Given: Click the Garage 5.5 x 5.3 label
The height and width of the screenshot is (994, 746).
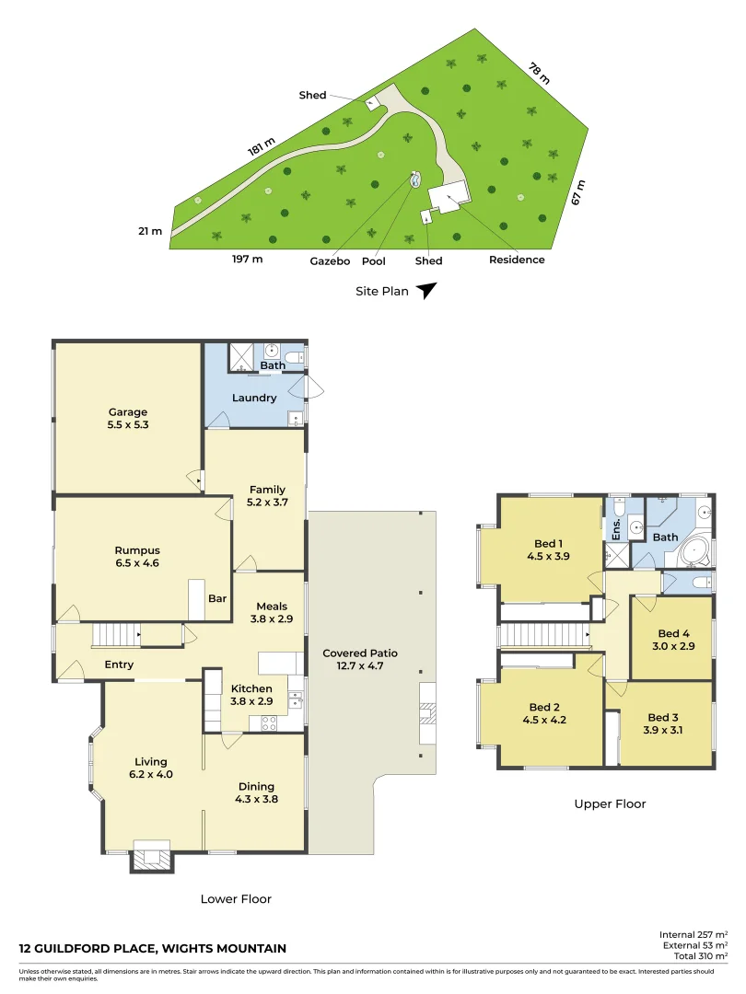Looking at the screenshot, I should [x=128, y=419].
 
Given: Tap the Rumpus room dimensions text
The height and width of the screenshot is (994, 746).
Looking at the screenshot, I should [x=137, y=563].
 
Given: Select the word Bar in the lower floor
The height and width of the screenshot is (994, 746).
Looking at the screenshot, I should [x=217, y=599].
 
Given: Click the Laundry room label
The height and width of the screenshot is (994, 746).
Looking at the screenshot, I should [x=255, y=399].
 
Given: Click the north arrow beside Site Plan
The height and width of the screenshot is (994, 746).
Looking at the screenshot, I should [x=425, y=291].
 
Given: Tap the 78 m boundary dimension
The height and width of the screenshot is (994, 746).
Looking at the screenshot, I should [x=539, y=73].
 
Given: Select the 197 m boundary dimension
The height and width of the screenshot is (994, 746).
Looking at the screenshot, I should [x=247, y=260].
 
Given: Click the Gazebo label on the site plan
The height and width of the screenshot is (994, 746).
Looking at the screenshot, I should [x=330, y=261].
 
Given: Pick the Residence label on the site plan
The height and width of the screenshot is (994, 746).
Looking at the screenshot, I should [x=517, y=260].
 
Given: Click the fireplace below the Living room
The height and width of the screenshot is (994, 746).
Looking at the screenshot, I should [x=151, y=857].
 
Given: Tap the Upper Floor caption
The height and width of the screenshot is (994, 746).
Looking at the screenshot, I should [x=610, y=804].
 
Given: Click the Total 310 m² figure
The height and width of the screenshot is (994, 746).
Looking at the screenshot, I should [x=694, y=956].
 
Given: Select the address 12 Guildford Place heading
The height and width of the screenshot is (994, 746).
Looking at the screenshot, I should [x=153, y=949].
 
